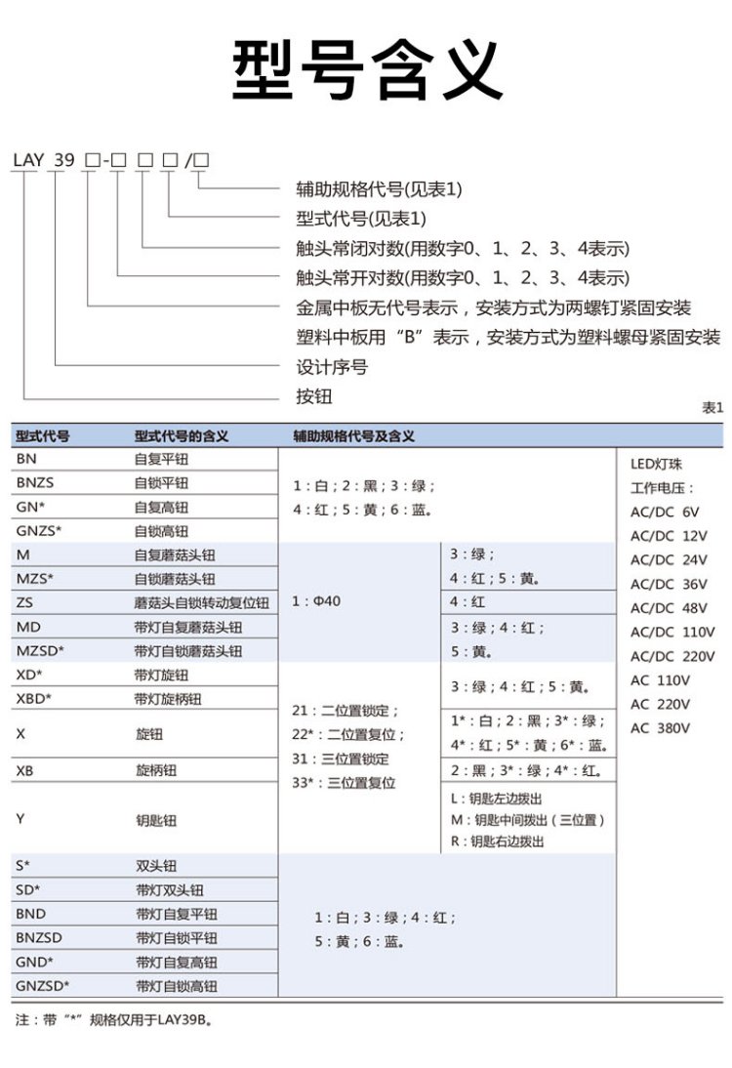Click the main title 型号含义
[366, 70]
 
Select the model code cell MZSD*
[40, 650]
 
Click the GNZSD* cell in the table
[43, 985]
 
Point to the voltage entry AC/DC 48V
[670, 607]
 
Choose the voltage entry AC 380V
[660, 727]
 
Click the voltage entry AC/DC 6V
[665, 512]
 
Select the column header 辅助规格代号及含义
[353, 435]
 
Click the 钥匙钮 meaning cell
[156, 820]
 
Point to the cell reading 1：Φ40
[316, 601]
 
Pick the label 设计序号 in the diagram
[331, 367]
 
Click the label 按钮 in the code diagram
[313, 396]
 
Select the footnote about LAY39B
[114, 1020]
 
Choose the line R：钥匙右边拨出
[497, 842]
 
